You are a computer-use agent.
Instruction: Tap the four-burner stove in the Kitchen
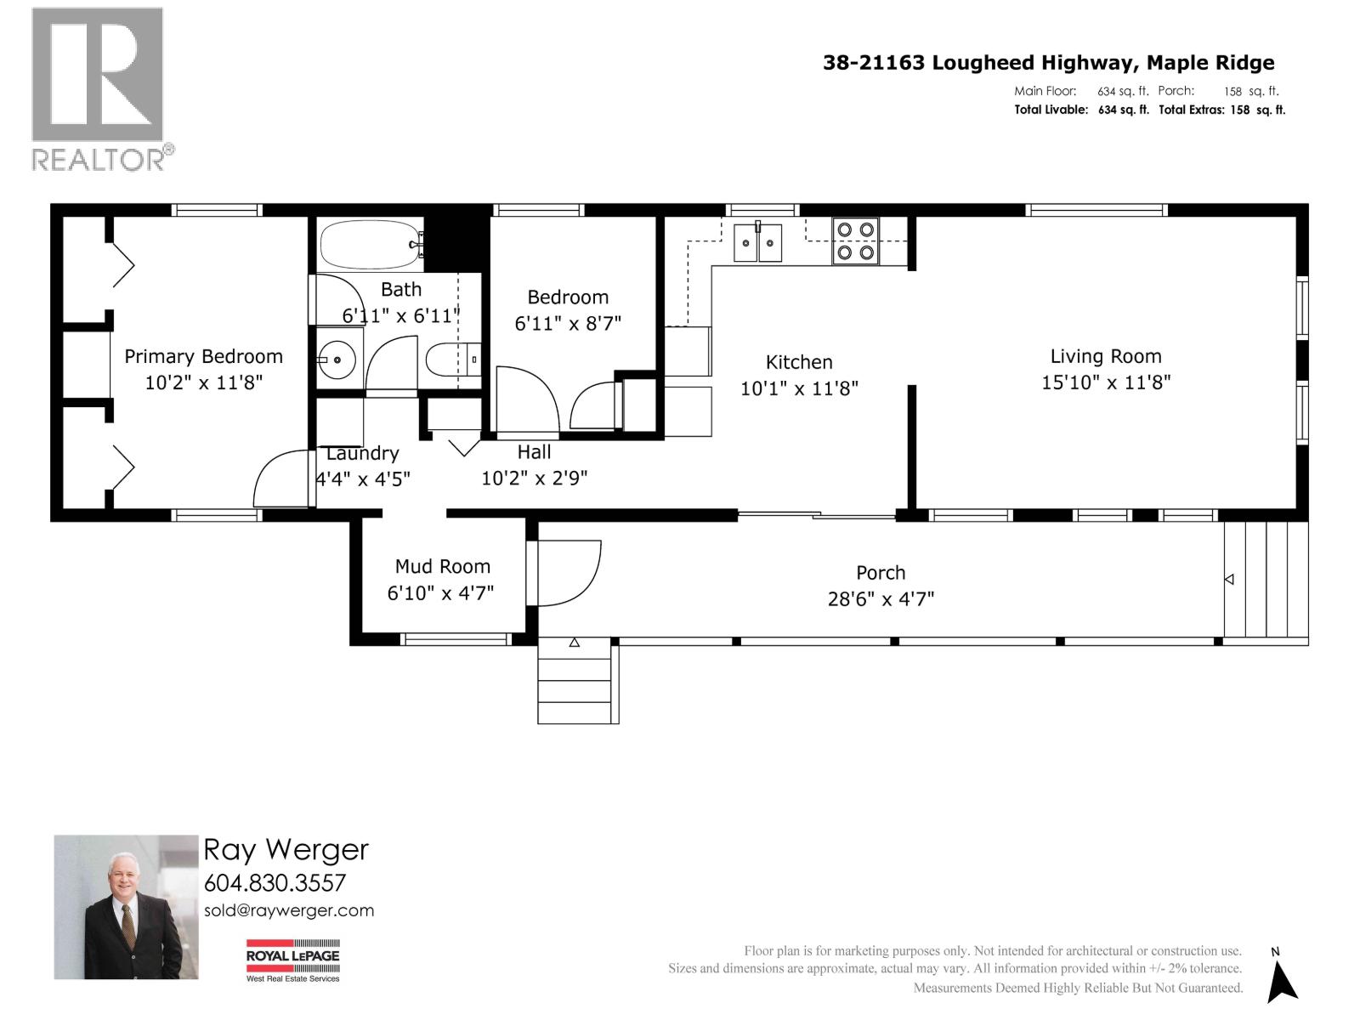855,241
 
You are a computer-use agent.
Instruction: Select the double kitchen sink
757,242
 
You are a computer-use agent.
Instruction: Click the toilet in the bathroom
451,360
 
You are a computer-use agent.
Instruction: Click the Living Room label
1105,356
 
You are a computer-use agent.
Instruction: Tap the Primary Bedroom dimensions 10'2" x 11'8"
203,382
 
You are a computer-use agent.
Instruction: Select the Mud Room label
442,566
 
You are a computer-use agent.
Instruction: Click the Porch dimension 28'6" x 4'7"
881,598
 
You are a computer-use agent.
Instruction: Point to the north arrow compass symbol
1281,977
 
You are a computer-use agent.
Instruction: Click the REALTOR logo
99,89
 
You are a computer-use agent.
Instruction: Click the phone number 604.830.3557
275,882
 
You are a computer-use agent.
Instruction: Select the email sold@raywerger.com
289,910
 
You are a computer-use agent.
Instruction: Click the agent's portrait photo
126,906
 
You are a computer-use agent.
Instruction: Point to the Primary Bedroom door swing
283,480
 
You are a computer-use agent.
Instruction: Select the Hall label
534,452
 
